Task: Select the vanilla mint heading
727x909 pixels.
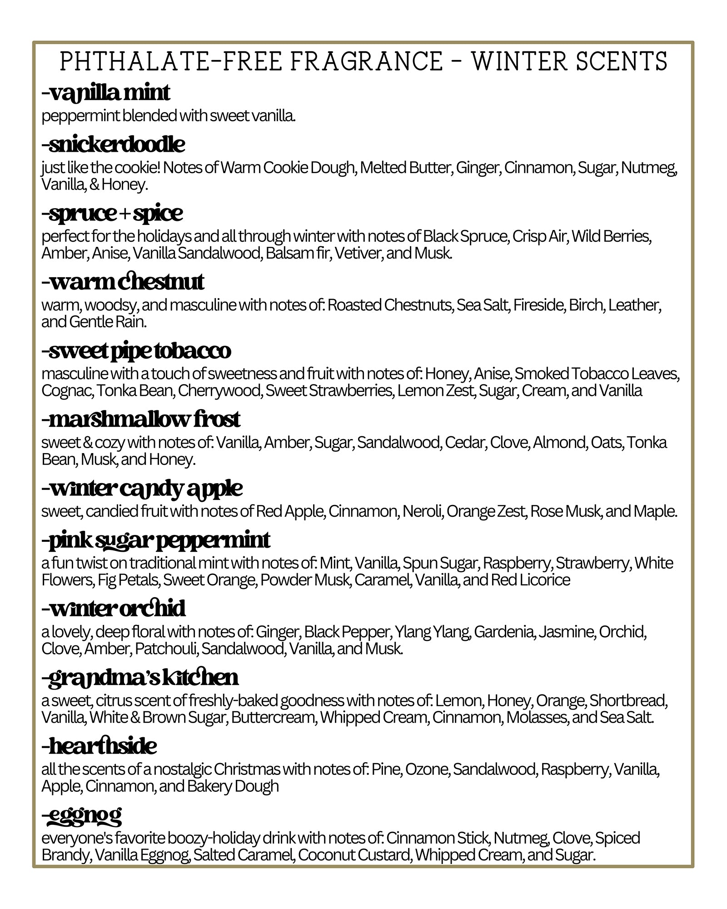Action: (106, 93)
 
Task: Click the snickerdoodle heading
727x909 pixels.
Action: (113, 145)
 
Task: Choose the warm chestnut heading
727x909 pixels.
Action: (123, 282)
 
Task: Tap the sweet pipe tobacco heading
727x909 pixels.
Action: (136, 350)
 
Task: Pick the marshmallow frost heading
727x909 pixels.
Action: (141, 419)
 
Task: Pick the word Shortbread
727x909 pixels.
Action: (627, 700)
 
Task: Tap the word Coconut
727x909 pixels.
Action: (326, 855)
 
